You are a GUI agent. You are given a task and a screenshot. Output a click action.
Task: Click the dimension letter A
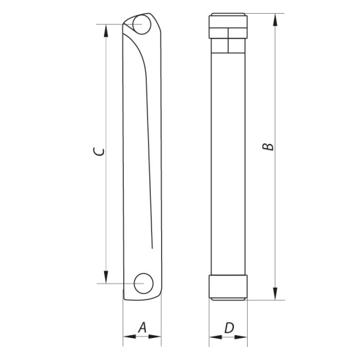141,328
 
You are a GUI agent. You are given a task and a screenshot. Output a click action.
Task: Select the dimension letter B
271,146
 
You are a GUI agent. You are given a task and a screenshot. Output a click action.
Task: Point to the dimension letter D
228,328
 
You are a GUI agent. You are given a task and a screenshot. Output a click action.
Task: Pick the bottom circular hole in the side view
143,282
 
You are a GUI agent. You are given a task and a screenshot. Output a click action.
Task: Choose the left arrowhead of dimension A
127,338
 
